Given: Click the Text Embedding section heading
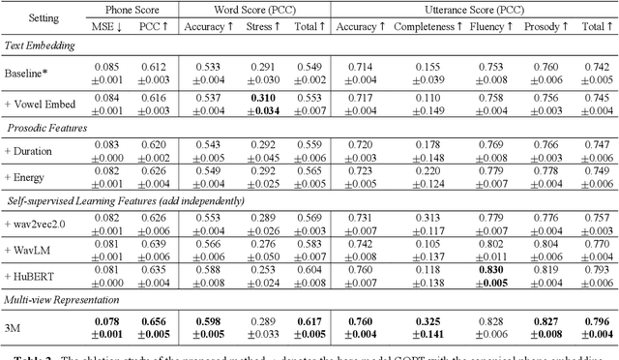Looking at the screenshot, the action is [x=39, y=45].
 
